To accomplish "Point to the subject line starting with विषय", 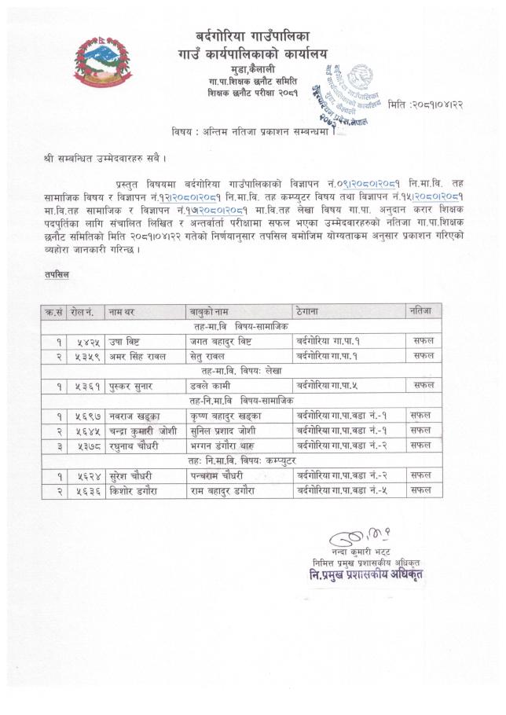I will pyautogui.click(x=253, y=130).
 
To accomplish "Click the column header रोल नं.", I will pyautogui.click(x=82, y=312).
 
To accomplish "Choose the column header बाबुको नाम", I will pyautogui.click(x=207, y=312).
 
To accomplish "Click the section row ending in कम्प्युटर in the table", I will pyautogui.click(x=242, y=461).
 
